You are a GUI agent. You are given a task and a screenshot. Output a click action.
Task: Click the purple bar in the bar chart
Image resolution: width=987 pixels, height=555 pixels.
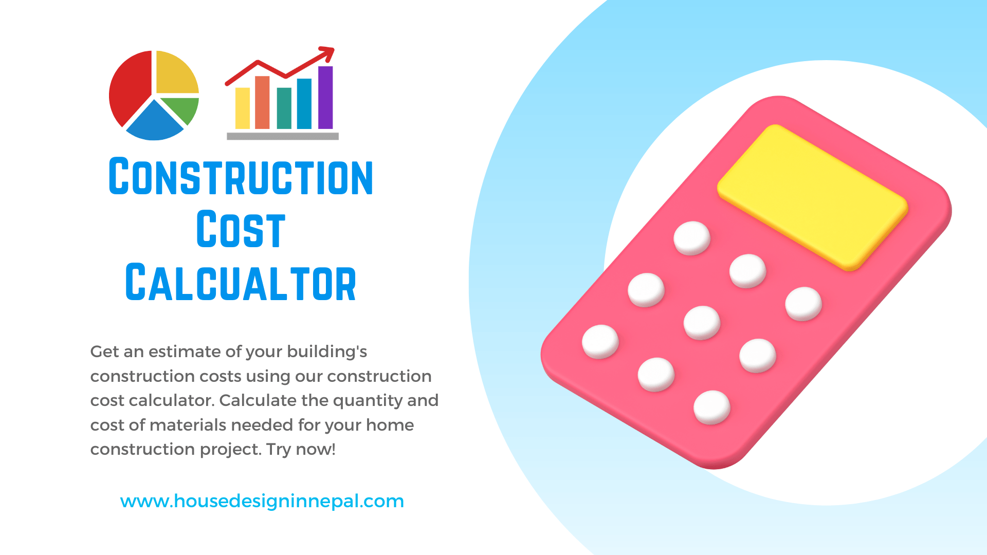[x=325, y=98]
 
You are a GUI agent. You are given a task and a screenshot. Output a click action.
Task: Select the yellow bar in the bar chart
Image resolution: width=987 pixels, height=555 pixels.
[x=242, y=108]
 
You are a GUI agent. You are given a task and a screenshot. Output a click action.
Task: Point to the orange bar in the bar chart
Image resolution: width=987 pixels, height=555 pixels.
[x=262, y=103]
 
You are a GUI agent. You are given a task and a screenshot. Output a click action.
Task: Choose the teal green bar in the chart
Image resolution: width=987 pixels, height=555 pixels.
[x=284, y=108]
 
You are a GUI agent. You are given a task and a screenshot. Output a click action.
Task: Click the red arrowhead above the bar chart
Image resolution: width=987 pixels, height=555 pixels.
[x=327, y=52]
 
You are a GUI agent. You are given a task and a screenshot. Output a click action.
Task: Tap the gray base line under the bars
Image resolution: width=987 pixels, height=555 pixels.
[x=283, y=136]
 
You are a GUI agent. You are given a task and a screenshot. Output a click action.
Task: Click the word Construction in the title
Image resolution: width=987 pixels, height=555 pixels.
[x=241, y=177]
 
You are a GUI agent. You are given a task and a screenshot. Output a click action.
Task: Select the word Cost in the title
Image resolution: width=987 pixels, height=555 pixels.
[x=241, y=230]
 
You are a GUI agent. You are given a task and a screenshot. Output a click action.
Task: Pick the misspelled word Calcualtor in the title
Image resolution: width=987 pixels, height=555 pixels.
[x=241, y=283]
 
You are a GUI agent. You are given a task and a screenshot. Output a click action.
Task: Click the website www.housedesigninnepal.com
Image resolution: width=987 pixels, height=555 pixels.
[x=262, y=501]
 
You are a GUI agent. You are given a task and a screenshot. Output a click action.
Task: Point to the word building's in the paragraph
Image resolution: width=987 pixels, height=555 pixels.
[x=327, y=352]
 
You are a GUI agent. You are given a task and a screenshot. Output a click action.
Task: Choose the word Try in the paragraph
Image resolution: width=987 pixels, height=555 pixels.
[x=279, y=450]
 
